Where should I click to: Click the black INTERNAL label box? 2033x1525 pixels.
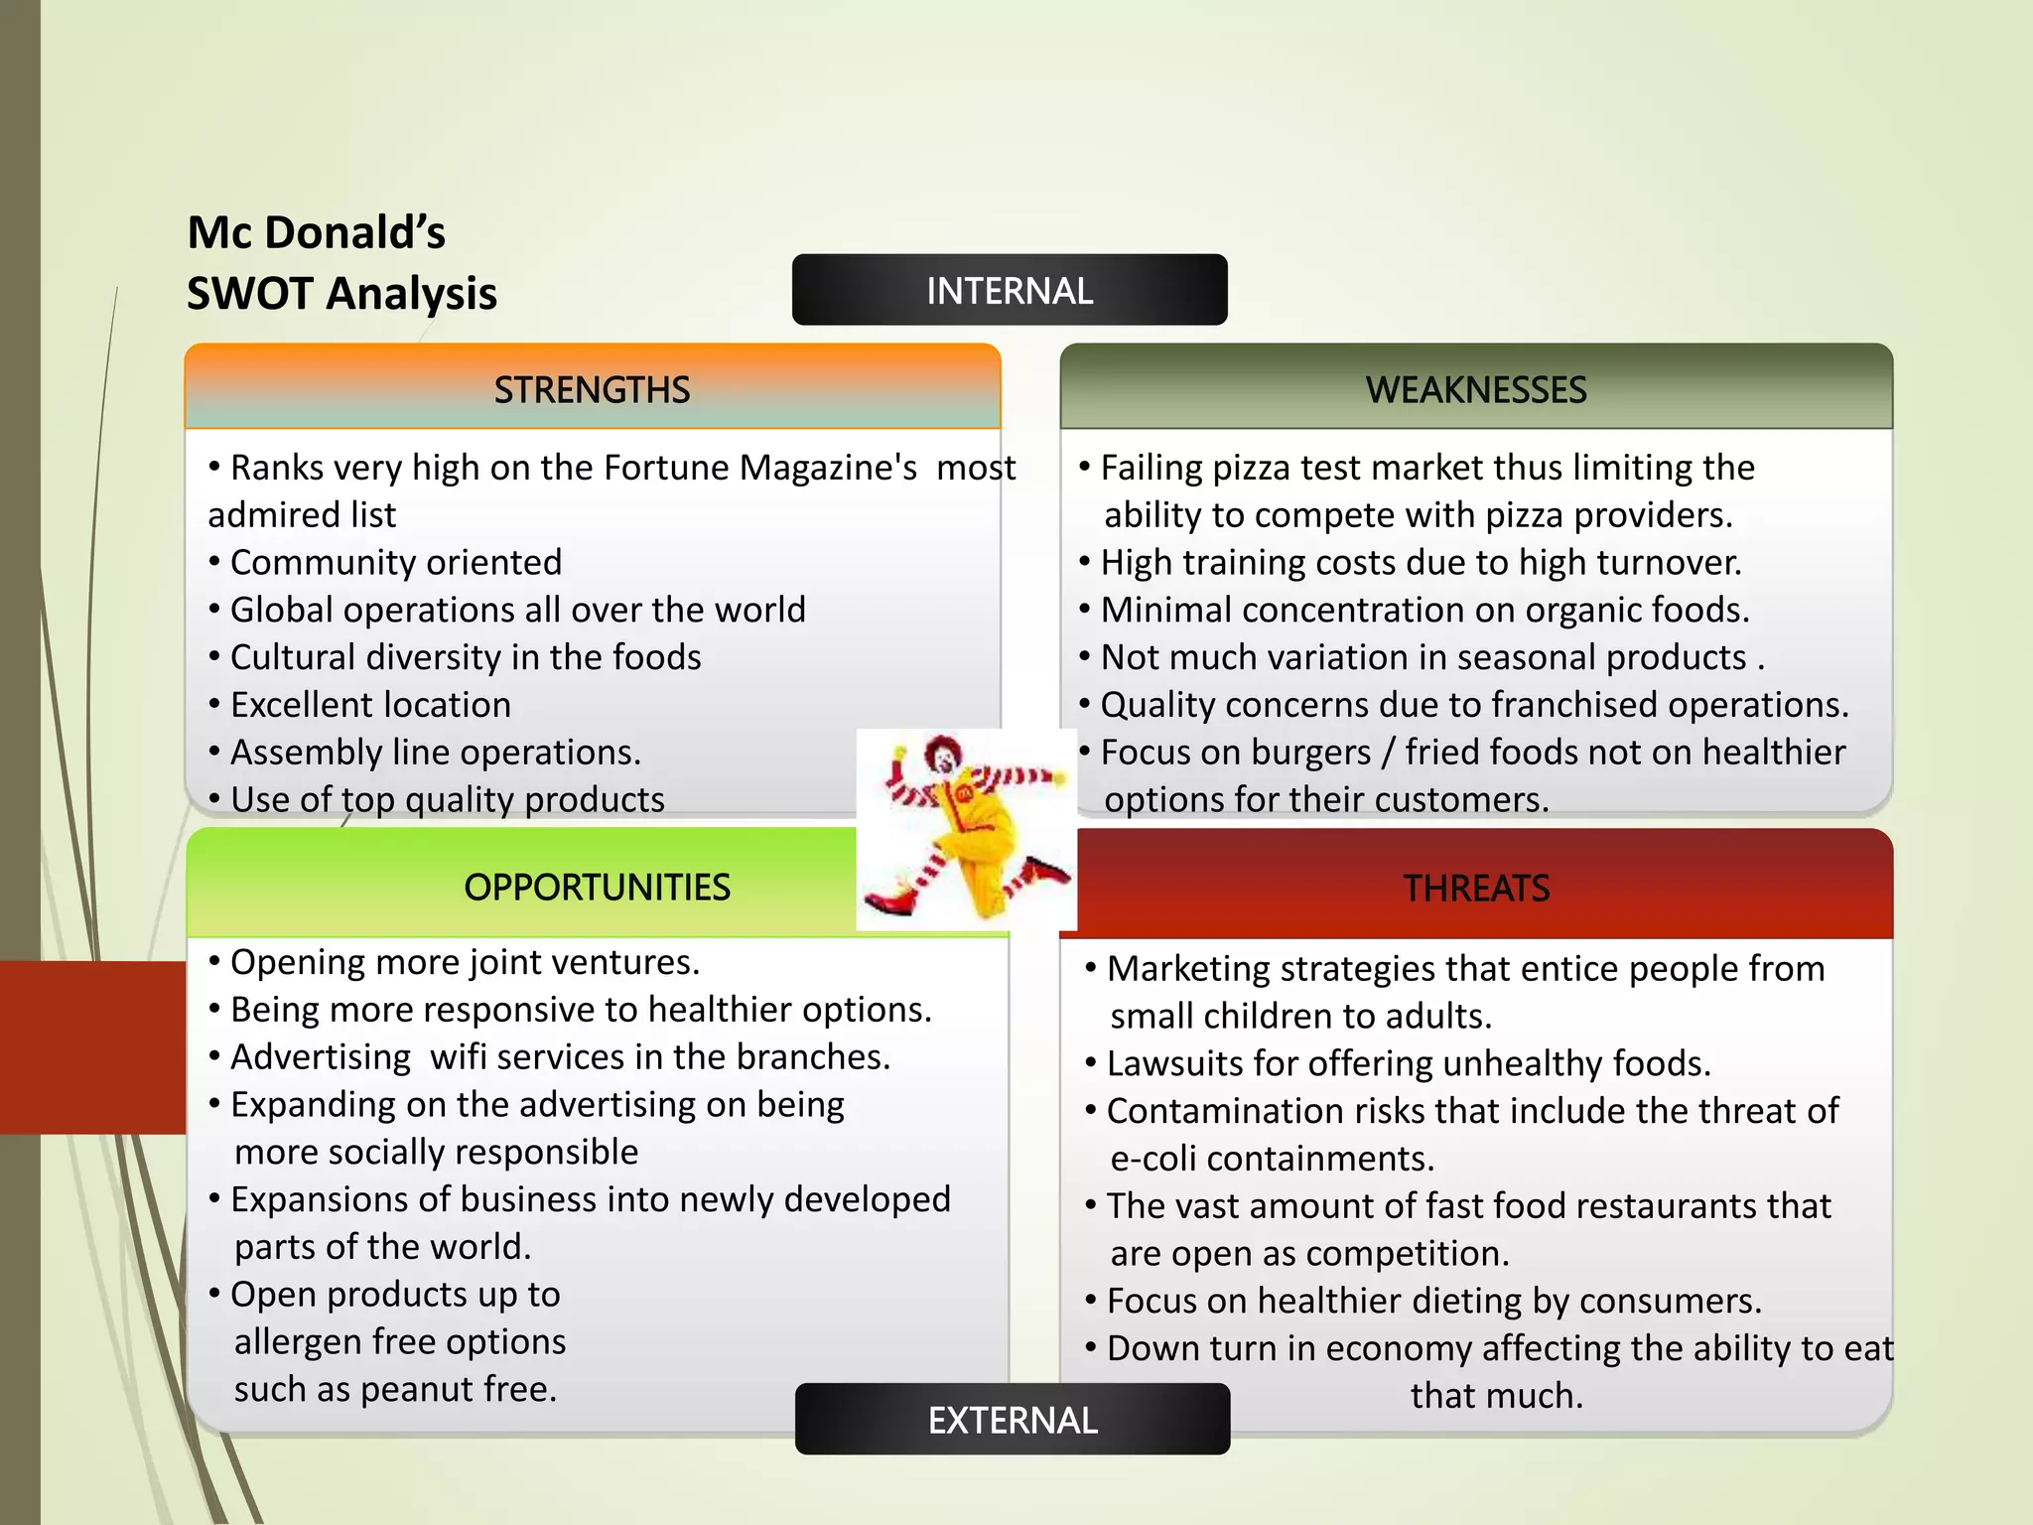point(1010,290)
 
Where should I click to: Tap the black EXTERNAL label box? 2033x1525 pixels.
point(1013,1420)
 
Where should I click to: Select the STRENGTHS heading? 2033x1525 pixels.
point(592,389)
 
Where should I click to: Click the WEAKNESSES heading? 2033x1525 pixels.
point(1475,389)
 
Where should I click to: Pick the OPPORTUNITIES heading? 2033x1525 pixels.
point(597,887)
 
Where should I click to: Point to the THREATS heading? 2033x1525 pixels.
point(1475,888)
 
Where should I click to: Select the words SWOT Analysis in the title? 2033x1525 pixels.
point(341,294)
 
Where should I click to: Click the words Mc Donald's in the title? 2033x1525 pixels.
point(316,232)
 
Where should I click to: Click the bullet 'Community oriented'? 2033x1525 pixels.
point(395,563)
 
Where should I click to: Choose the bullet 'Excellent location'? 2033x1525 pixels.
point(370,705)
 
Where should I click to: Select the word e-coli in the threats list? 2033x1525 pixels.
point(1152,1159)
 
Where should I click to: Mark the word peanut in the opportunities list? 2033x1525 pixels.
point(405,1390)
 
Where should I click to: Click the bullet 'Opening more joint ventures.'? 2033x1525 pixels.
point(465,962)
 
